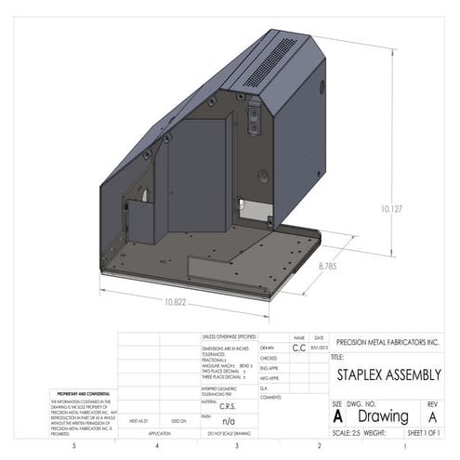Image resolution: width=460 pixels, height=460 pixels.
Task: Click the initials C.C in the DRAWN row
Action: (298, 348)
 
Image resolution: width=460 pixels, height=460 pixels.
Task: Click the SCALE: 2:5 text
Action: (347, 433)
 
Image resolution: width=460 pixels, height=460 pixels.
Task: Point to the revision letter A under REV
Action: (432, 417)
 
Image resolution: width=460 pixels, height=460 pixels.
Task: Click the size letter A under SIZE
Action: (337, 417)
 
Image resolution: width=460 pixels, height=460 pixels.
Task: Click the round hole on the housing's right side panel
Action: (264, 174)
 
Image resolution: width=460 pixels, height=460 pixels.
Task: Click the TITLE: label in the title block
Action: (338, 356)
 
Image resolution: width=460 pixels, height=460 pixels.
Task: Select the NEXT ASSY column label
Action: (138, 421)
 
